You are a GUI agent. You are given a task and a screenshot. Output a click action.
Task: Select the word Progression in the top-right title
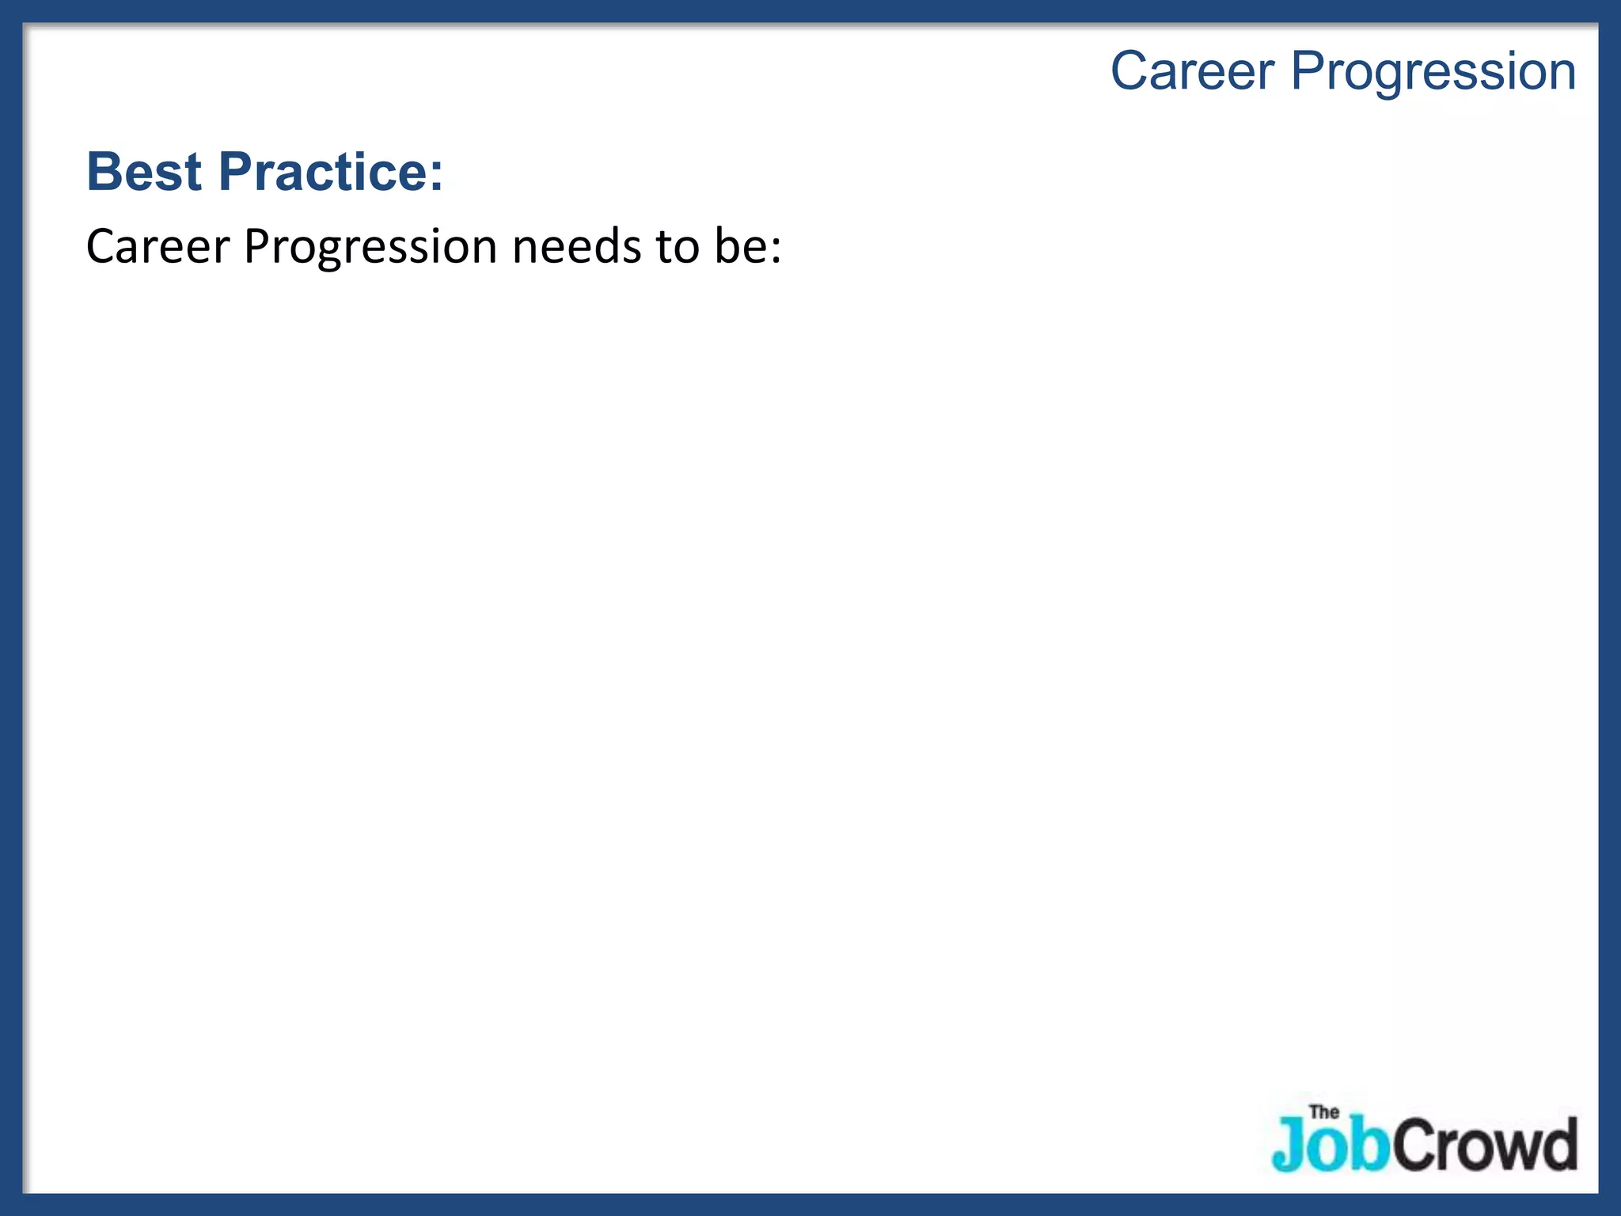coord(1433,73)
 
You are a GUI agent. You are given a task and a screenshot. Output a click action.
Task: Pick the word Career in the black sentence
coord(157,246)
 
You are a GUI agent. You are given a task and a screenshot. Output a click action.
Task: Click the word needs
coord(576,246)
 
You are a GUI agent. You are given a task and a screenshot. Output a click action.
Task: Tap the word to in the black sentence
coord(678,246)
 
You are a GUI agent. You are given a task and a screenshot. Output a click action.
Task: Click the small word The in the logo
coord(1324,1112)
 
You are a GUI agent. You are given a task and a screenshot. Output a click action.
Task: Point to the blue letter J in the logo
coord(1289,1145)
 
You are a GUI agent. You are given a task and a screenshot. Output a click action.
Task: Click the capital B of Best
coord(103,171)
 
